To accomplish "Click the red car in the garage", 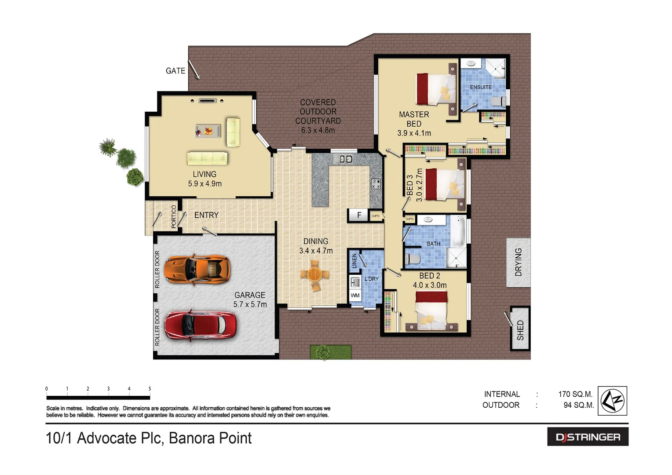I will tap(200, 325).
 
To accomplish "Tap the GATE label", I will tap(175, 71).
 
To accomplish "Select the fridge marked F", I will tap(359, 215).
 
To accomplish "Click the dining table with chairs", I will tap(315, 275).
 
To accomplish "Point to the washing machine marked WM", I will tap(355, 296).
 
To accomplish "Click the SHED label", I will tap(520, 329).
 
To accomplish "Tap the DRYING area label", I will tap(519, 262).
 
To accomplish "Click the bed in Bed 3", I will tap(444, 184).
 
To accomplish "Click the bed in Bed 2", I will tap(431, 311).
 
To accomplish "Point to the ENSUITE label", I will tap(481, 87).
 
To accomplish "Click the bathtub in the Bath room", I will tap(459, 231).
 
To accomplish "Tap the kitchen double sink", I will tap(346, 159).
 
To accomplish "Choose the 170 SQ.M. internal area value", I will tap(575, 394).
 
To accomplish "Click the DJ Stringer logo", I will tap(588, 437).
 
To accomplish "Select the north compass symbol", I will tap(613, 401).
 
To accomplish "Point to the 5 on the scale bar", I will tap(150, 389).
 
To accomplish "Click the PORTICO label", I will tap(174, 216).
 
